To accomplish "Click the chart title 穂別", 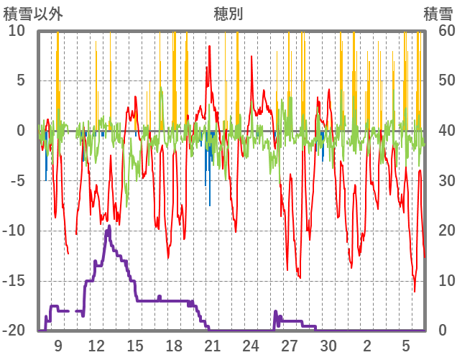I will click(x=228, y=14).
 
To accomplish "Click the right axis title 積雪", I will click(x=438, y=14).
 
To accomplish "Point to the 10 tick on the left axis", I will click(x=17, y=31).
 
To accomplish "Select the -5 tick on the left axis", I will click(x=17, y=181).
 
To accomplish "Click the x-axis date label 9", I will click(x=57, y=346).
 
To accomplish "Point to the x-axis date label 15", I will click(x=135, y=346).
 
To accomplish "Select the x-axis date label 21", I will click(x=212, y=346).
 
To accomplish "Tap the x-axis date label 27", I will click(x=290, y=346).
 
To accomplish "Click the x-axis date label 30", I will click(x=328, y=346).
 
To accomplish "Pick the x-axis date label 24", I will click(x=251, y=346).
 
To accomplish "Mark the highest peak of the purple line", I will click(x=109, y=226).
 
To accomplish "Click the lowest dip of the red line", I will click(x=415, y=291).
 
